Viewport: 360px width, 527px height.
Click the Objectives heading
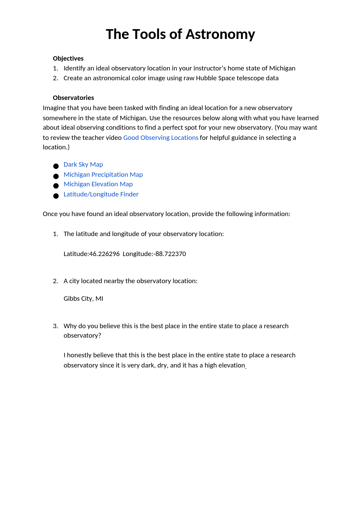coord(68,59)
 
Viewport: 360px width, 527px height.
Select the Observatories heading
coord(73,98)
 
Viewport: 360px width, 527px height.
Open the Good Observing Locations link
coord(161,138)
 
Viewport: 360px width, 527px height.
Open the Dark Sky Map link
coord(83,165)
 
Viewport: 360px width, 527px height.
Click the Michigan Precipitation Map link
coord(103,175)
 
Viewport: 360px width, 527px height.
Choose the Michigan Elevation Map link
coord(98,184)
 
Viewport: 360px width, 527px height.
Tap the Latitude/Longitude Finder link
coord(101,194)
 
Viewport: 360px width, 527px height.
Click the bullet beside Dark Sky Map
coord(56,166)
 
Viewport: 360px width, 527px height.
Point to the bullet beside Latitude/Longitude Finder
coord(56,196)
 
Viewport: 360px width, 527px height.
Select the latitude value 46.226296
coord(104,254)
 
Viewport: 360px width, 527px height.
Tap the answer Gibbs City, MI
coord(83,299)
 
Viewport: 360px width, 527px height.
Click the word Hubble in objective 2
coord(206,78)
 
